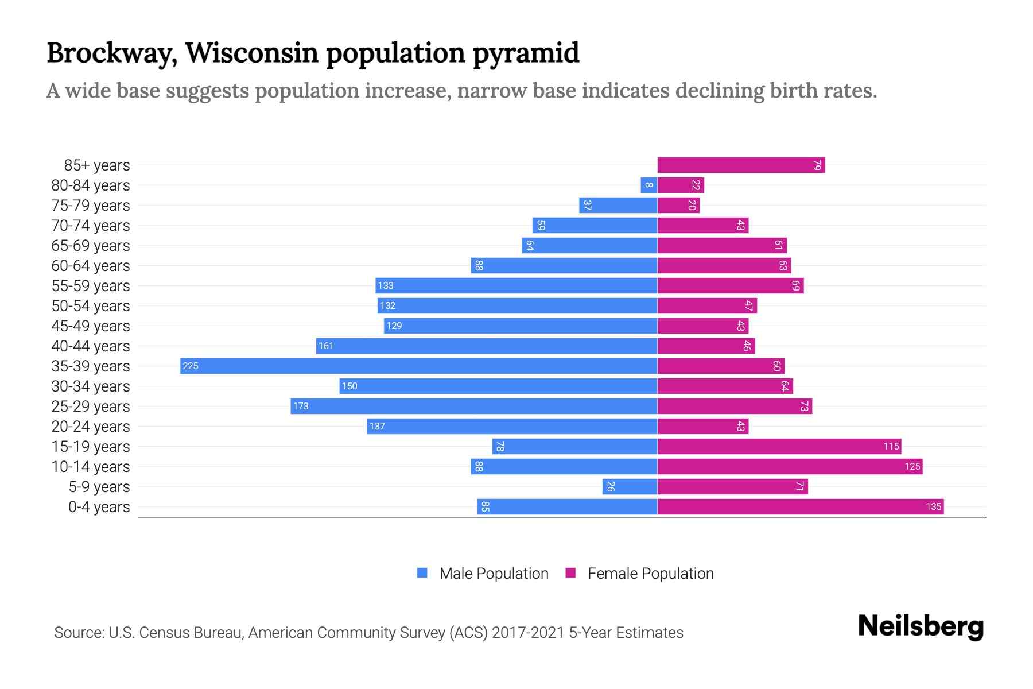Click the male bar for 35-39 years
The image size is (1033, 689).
tap(419, 366)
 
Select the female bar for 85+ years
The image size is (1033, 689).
tap(740, 165)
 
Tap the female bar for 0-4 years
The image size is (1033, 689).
tap(800, 506)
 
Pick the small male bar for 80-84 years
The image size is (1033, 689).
tap(649, 185)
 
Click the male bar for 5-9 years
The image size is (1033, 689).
tap(630, 486)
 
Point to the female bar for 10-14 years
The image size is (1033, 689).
tap(790, 466)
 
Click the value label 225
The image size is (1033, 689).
tap(191, 366)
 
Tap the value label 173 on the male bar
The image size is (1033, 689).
tap(301, 406)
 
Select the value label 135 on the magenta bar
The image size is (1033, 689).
tap(933, 506)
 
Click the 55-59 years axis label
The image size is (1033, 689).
tap(91, 285)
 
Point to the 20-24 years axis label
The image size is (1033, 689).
tap(91, 426)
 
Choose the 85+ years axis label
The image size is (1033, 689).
tap(97, 165)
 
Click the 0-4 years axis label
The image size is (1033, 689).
tap(99, 506)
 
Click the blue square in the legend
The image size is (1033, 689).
tap(422, 573)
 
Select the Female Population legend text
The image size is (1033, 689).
tap(650, 573)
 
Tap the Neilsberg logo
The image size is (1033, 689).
tap(921, 626)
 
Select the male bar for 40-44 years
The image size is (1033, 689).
tap(487, 346)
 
